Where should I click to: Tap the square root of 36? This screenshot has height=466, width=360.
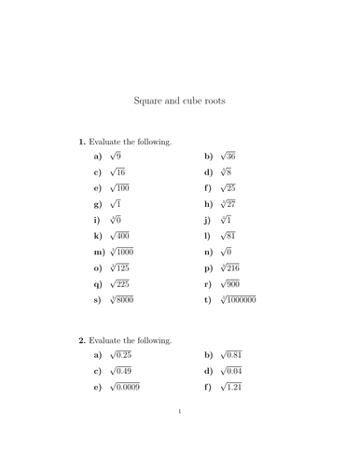[x=227, y=157]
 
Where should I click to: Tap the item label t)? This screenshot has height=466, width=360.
[x=207, y=299]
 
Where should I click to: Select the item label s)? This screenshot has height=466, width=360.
[x=98, y=299]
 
